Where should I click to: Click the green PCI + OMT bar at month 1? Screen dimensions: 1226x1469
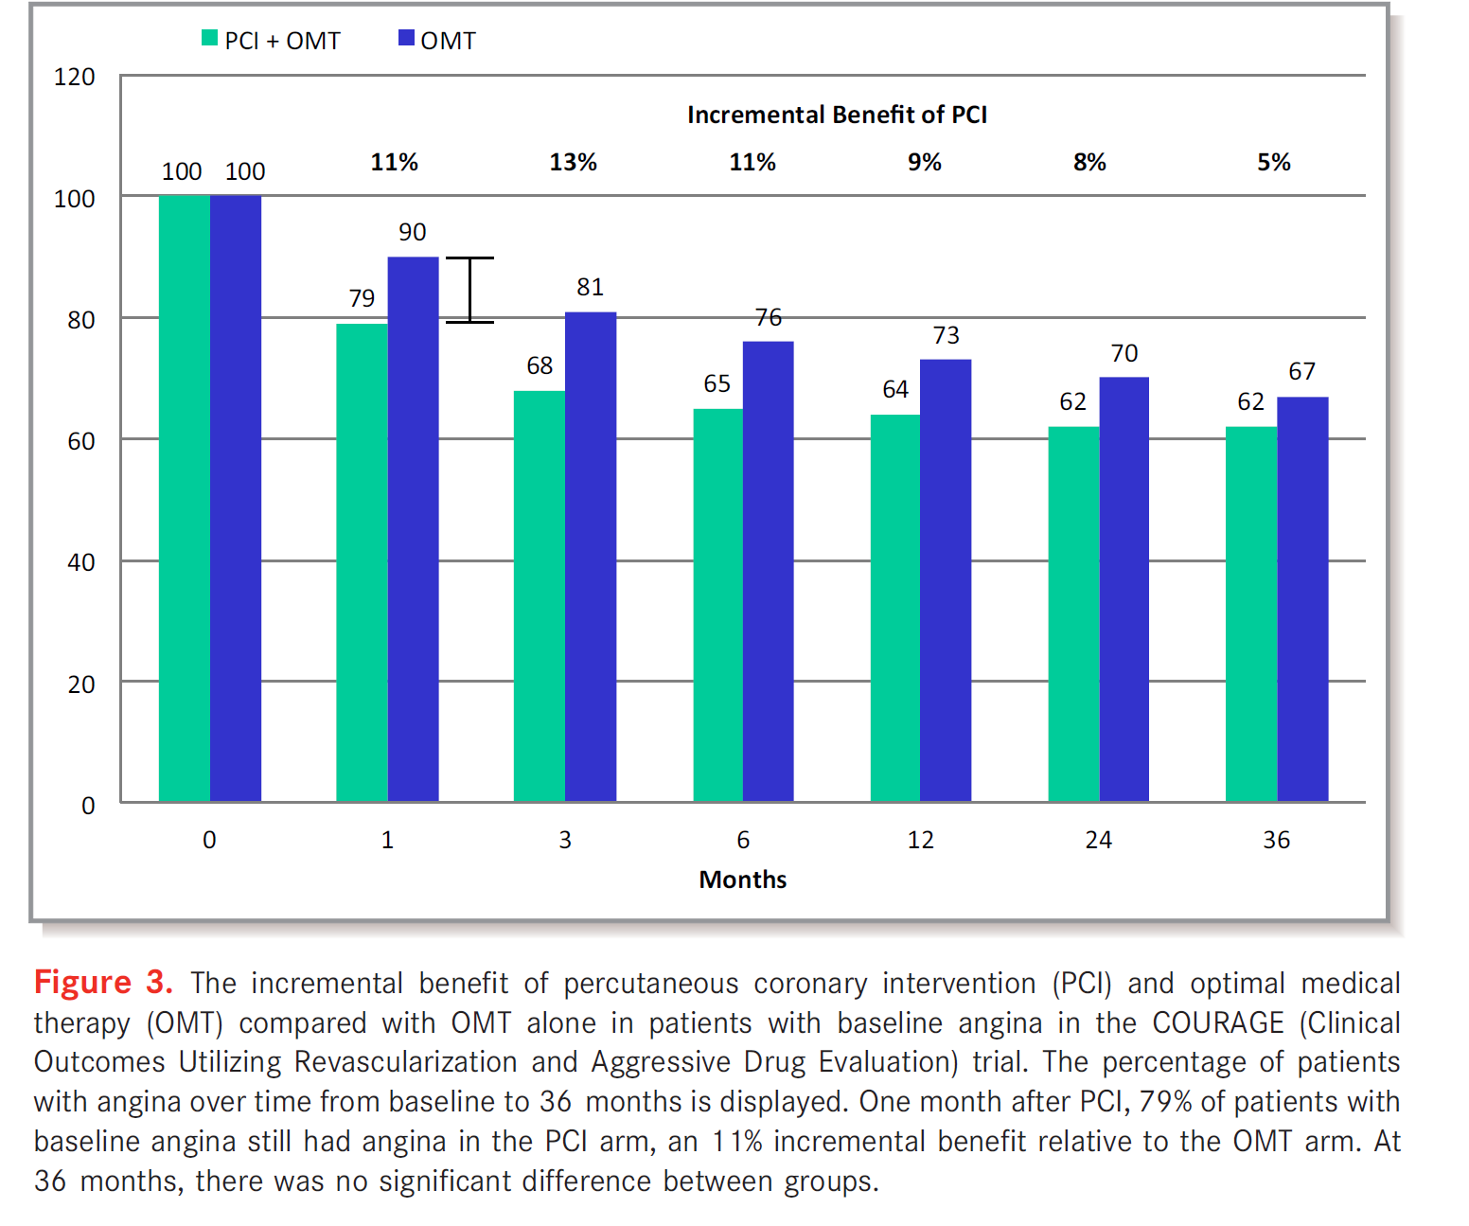(362, 562)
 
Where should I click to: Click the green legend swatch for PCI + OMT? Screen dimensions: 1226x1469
(209, 39)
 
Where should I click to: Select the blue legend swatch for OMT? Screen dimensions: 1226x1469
(406, 39)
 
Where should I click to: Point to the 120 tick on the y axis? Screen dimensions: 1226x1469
(75, 77)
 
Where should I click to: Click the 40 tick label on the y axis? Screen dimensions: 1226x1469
(80, 562)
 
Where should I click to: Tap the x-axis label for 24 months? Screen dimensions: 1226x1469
(1098, 840)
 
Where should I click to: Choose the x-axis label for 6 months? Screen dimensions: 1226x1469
(743, 840)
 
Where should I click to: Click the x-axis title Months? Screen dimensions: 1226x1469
(742, 880)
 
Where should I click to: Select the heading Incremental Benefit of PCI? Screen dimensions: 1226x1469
(837, 115)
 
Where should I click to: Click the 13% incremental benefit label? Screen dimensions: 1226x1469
(573, 162)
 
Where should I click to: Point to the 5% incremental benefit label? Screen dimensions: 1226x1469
(1273, 162)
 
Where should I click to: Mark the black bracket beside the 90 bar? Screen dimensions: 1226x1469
(469, 290)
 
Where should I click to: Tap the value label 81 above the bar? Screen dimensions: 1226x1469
(590, 287)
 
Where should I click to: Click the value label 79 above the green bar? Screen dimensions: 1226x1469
(362, 298)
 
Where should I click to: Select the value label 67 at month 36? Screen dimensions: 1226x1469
(1301, 371)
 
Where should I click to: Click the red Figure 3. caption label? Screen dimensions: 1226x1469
(103, 982)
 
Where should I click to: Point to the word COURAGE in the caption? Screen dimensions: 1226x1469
(1217, 1022)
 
